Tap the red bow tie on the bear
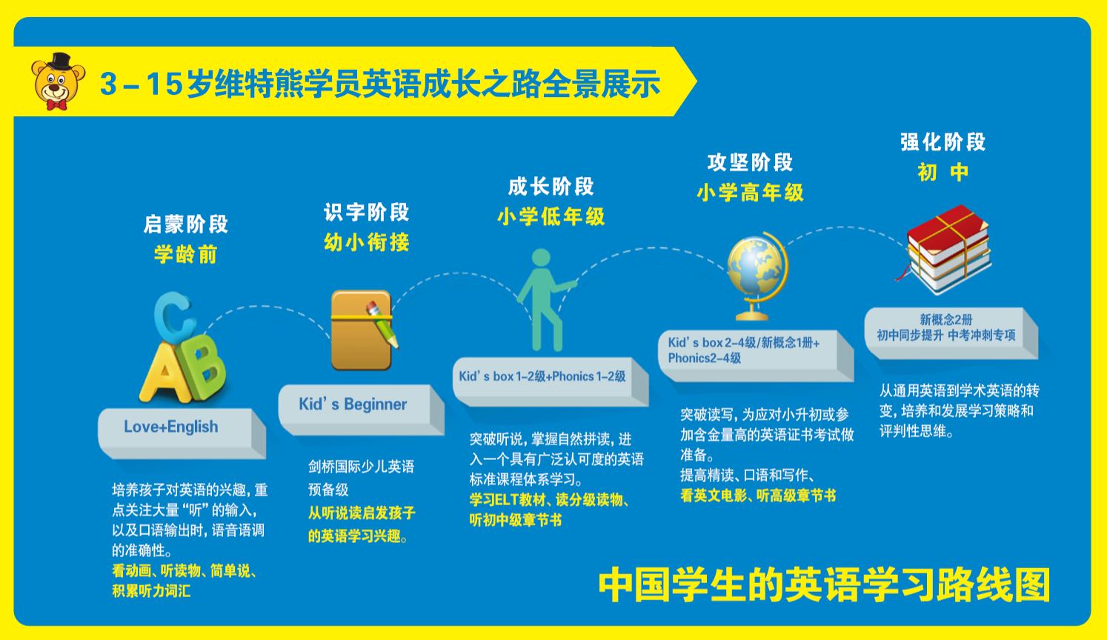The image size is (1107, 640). coord(57,105)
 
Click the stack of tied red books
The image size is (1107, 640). coord(946,250)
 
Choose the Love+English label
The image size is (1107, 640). coord(170,427)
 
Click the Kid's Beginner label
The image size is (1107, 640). coord(353,404)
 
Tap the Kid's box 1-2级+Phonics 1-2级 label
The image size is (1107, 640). coord(542,376)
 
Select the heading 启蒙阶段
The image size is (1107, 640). coord(186,224)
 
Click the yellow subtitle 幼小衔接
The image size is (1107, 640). coord(367,243)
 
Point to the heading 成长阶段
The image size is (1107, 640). coord(551,187)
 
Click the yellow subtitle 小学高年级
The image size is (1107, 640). coord(750,193)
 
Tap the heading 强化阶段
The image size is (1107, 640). coord(943,142)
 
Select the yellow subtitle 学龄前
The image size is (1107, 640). coord(186,255)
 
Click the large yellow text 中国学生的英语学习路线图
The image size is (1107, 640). coord(824,585)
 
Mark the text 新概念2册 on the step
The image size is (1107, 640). coord(946,319)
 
